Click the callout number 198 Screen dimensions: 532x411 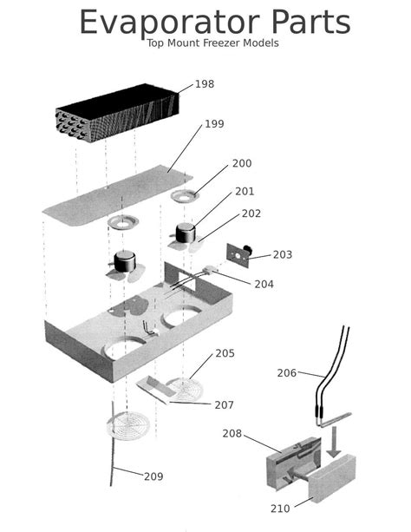204,84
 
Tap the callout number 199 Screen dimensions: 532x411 214,124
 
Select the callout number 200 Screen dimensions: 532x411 242,164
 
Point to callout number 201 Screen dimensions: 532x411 245,192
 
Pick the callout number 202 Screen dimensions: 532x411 251,213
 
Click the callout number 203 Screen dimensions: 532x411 283,255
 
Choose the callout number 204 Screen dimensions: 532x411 264,284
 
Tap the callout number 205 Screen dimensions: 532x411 225,353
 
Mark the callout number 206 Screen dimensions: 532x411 287,373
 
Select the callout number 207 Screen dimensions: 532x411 224,405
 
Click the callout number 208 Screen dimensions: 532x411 232,433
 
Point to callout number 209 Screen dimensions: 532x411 153,476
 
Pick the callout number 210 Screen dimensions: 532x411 280,509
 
